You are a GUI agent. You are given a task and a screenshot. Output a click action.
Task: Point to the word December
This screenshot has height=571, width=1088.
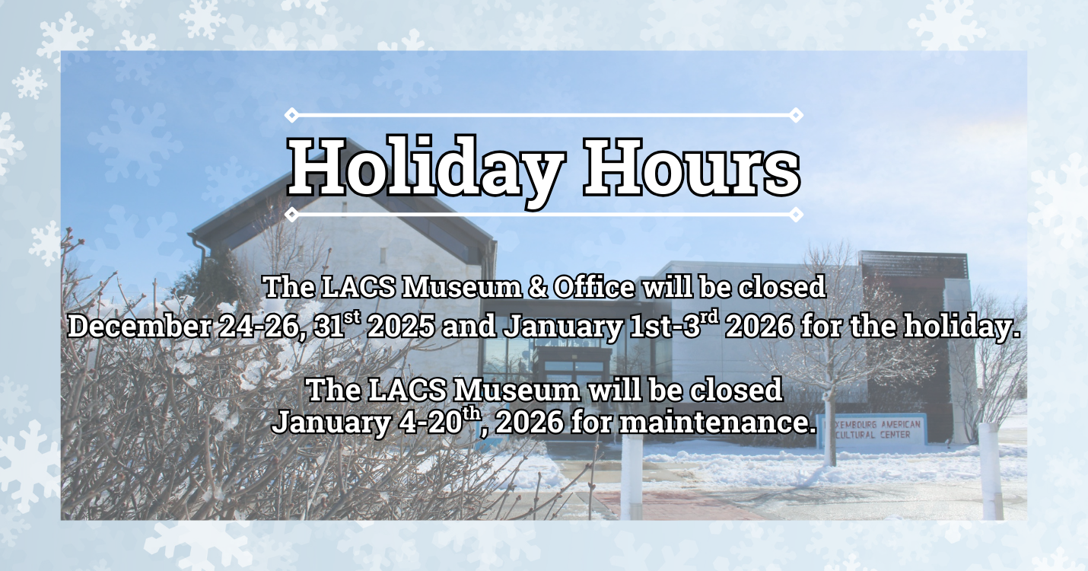pyautogui.click(x=138, y=327)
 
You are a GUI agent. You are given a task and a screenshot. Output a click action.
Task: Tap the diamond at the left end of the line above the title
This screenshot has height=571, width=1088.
pyautogui.click(x=291, y=115)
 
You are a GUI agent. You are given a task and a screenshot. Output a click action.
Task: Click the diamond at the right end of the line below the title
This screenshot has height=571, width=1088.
pyautogui.click(x=796, y=215)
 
